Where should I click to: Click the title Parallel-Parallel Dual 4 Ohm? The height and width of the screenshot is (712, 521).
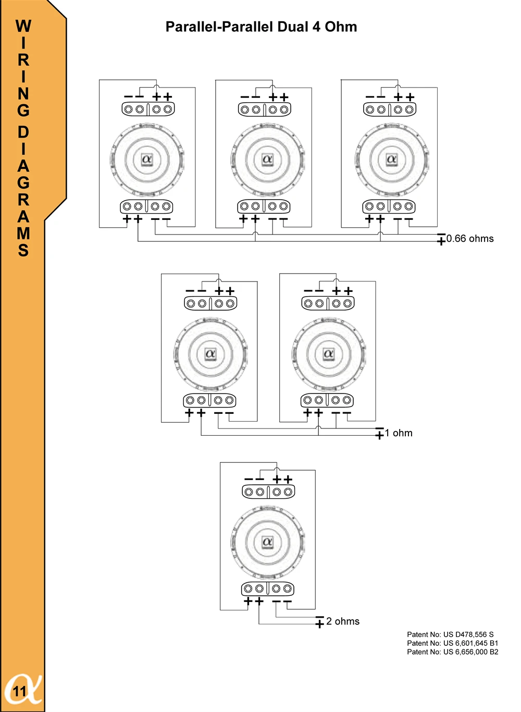click(261, 27)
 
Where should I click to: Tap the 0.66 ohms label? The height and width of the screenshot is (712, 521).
click(470, 239)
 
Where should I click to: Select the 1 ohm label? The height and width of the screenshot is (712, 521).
click(399, 433)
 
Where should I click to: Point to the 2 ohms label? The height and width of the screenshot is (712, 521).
click(343, 621)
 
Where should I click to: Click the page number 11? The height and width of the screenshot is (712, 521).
click(19, 692)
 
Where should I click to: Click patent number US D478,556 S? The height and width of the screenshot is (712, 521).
click(450, 634)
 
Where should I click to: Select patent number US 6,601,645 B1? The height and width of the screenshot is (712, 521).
click(452, 643)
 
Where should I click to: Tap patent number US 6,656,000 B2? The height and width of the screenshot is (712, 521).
click(452, 652)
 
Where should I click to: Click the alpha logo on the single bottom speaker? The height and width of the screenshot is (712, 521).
click(267, 542)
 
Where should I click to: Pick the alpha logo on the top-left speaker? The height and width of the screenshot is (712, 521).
click(147, 159)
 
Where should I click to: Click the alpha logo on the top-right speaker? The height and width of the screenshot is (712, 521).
click(392, 159)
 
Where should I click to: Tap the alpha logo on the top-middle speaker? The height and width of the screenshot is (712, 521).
click(267, 159)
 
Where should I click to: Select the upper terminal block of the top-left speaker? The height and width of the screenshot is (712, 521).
click(148, 109)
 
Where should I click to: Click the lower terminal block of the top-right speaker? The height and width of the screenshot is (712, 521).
click(389, 206)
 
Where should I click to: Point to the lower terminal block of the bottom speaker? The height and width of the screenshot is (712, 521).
click(267, 589)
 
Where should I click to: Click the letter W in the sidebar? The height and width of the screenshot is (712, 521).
click(23, 26)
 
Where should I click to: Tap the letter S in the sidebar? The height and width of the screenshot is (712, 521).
click(23, 251)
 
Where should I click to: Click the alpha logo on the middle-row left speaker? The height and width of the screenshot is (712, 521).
click(210, 354)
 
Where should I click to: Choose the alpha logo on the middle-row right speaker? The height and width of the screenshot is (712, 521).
click(328, 354)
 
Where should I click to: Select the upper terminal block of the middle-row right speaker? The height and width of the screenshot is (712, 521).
click(328, 303)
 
